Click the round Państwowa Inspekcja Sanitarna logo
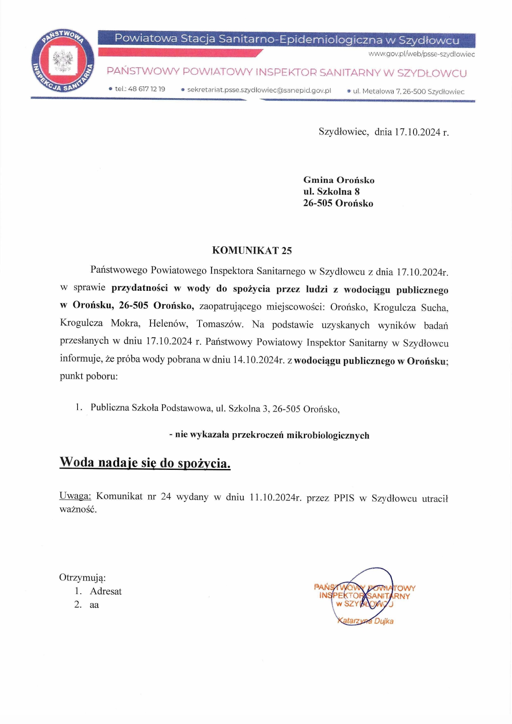tap(62, 63)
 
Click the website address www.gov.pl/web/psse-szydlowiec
tap(421, 54)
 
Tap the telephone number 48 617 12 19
tap(146, 89)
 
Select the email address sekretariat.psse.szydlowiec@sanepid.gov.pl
tap(259, 90)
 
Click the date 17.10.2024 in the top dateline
tap(417, 132)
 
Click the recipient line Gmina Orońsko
tap(338, 180)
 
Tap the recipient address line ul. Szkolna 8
tap(331, 191)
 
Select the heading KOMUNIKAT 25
tap(251, 250)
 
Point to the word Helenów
tap(168, 323)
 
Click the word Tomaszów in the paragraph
tap(220, 324)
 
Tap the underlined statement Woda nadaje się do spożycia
tap(145, 463)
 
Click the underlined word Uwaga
tap(75, 496)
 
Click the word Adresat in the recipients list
tap(106, 591)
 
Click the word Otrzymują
tap(82, 577)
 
